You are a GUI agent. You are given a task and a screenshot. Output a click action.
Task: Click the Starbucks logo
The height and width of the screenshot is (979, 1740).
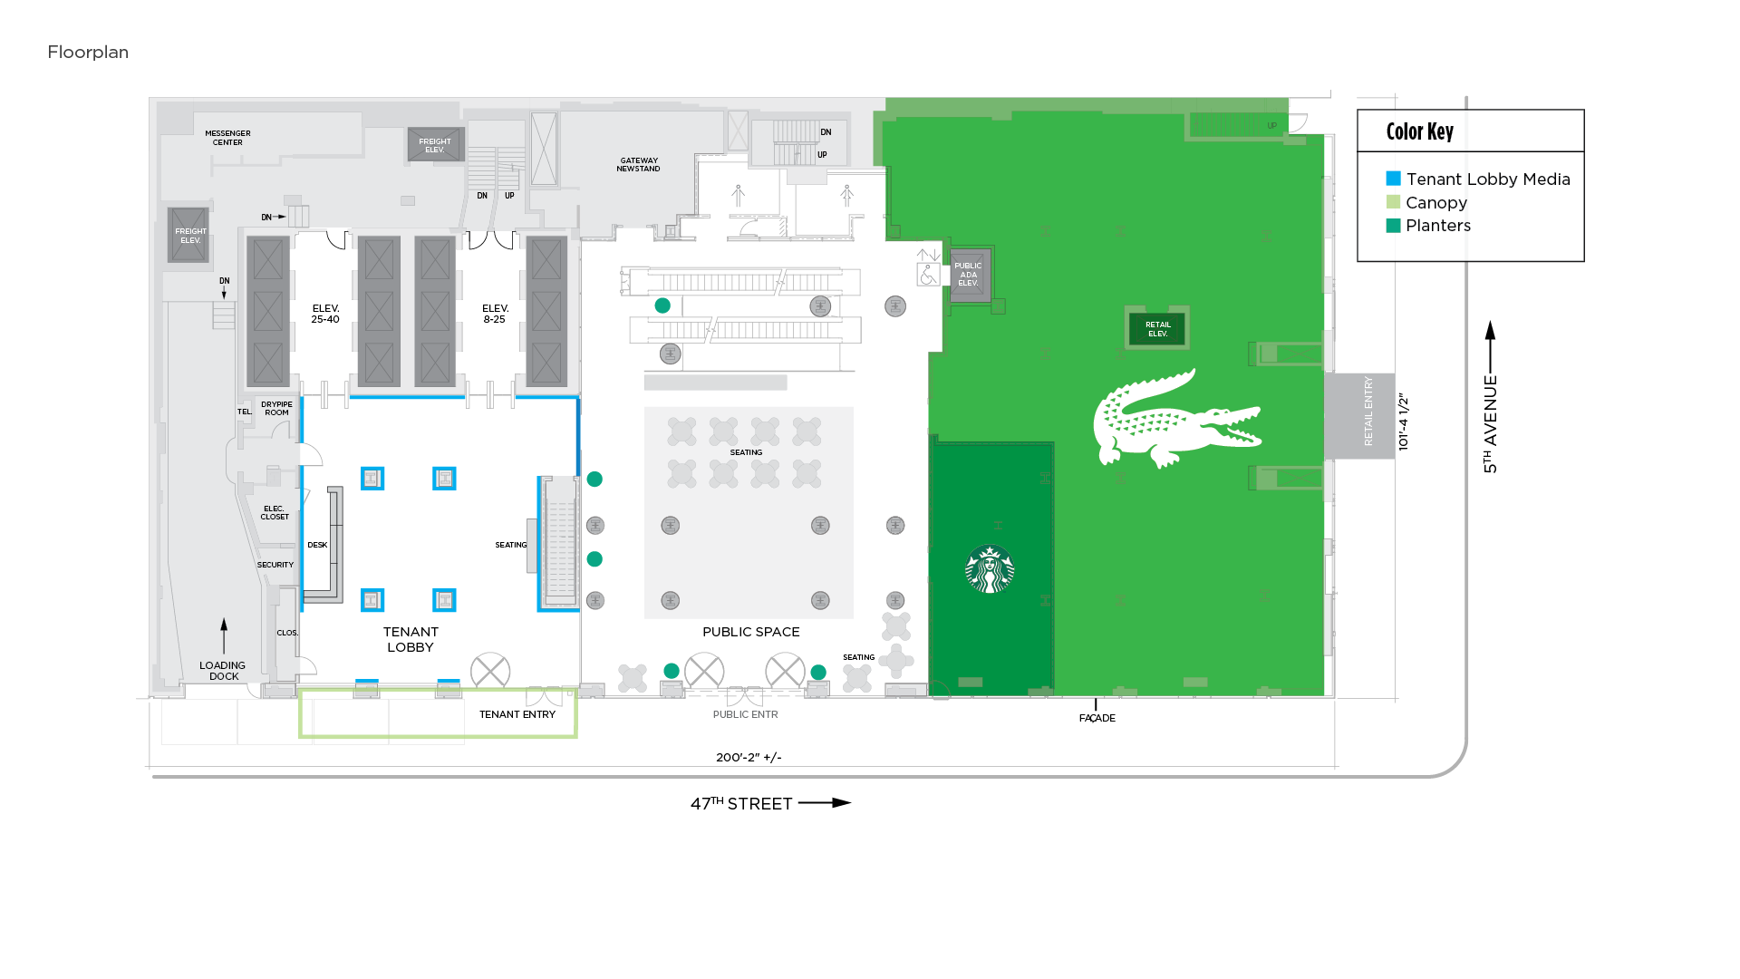990,569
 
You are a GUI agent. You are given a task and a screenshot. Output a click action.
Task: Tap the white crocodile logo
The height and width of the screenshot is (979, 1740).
1175,420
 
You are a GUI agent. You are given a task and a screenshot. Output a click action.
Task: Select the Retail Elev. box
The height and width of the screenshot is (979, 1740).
1157,329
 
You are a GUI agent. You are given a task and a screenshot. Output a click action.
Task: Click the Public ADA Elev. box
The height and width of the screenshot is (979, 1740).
968,275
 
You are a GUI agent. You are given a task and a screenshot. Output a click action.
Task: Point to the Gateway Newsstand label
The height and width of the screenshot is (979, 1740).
638,165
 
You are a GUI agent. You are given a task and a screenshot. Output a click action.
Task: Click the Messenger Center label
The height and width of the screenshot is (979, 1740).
227,138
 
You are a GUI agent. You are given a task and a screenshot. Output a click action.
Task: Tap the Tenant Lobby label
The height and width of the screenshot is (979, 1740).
411,639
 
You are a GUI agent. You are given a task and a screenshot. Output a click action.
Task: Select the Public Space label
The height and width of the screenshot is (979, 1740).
750,632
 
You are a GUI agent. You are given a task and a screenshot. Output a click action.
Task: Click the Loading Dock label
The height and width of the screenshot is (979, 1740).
223,671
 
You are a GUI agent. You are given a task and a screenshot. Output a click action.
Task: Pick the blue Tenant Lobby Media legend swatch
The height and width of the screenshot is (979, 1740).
1393,179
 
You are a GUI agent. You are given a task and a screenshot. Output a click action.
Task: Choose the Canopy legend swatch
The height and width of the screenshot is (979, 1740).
1393,202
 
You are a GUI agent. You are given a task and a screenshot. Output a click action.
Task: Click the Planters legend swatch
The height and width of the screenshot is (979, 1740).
1393,226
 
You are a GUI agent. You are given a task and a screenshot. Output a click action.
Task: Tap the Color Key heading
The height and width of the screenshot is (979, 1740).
1419,132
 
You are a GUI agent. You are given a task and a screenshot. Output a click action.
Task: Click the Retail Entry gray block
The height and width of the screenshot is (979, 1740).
1359,415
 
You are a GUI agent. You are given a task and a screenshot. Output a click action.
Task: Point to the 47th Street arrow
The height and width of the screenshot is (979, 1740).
825,803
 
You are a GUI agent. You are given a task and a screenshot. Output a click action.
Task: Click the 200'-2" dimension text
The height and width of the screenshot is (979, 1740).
749,758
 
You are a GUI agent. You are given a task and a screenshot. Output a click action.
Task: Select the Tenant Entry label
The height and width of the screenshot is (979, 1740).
517,714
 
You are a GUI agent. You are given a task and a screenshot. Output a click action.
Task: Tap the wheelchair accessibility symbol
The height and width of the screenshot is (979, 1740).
928,274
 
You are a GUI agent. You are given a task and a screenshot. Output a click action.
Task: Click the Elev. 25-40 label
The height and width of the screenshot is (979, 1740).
325,314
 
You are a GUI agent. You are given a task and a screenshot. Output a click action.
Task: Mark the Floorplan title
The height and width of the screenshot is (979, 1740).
88,53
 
